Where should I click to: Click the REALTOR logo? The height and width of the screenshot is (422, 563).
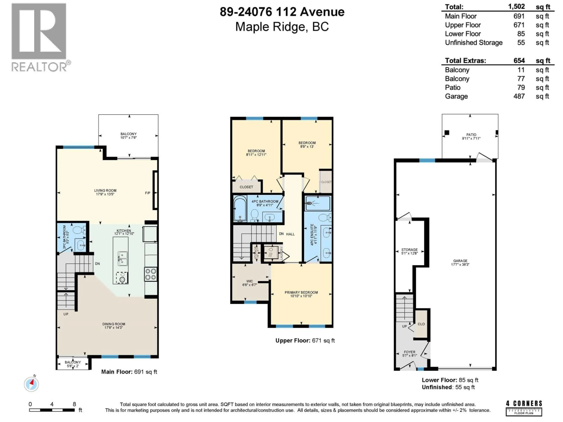pos(39,37)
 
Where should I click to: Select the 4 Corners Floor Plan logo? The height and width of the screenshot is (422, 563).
pos(524,408)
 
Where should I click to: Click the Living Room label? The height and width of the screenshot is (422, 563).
pos(105,190)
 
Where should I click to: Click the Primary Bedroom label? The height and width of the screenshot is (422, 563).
pos(301,292)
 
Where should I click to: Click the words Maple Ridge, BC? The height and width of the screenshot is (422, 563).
pos(282,27)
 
